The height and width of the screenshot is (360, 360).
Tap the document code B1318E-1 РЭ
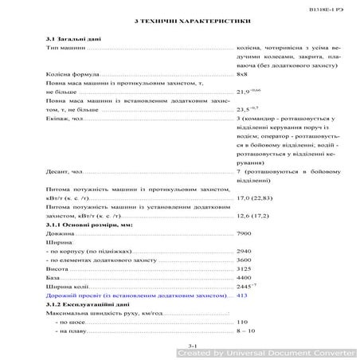(x=326, y=6)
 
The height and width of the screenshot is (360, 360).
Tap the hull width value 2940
(x=245, y=251)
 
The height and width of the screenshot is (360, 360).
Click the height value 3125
(x=245, y=269)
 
